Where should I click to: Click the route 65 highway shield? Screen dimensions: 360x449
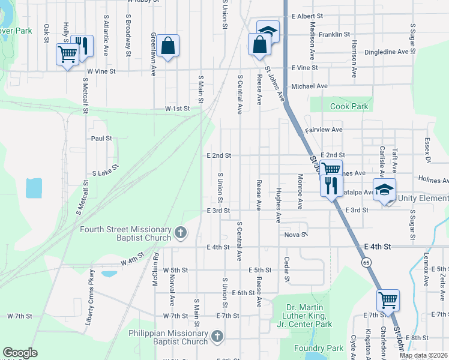pyautogui.click(x=366, y=262)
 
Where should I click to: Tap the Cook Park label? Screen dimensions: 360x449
pyautogui.click(x=349, y=106)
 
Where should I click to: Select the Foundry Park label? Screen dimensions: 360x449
pyautogui.click(x=318, y=348)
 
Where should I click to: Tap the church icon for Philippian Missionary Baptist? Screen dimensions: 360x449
pyautogui.click(x=217, y=337)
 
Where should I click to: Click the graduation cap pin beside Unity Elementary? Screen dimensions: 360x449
pyautogui.click(x=384, y=189)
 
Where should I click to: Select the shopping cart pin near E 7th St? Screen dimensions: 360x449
pyautogui.click(x=388, y=298)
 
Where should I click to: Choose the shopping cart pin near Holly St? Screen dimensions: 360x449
pyautogui.click(x=67, y=54)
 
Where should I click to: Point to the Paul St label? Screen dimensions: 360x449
pyautogui.click(x=101, y=138)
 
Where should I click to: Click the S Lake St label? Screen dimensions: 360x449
pyautogui.click(x=107, y=172)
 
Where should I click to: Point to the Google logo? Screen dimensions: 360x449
pyautogui.click(x=20, y=353)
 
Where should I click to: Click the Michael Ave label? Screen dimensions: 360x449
pyautogui.click(x=309, y=86)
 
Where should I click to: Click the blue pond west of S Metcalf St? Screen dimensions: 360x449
pyautogui.click(x=34, y=188)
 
